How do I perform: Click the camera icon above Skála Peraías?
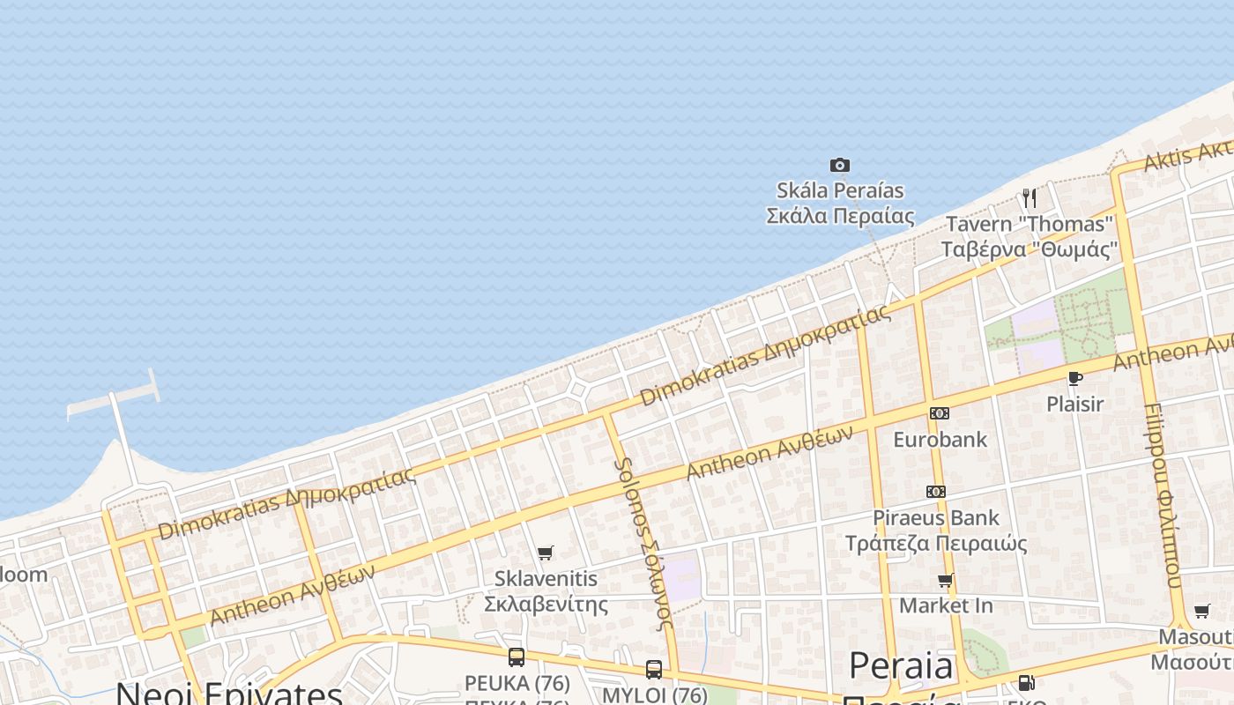coord(840,165)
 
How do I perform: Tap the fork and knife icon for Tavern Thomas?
coord(1030,197)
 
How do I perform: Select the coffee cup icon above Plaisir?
coord(1074,378)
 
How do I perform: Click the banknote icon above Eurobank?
coord(940,413)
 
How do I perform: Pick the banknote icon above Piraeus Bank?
coord(936,492)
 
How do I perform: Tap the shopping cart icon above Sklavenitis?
coord(546,553)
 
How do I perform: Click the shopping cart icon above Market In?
coord(946,580)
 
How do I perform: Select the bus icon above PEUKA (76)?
coord(517,657)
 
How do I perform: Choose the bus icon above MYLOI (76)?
coord(654,669)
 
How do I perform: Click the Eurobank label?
coord(940,439)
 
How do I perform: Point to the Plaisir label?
coord(1074,404)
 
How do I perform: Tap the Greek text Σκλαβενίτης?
coord(546,604)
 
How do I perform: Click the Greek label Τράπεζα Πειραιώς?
coord(936,543)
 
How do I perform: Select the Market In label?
coord(946,605)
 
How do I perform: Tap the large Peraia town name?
coord(901,667)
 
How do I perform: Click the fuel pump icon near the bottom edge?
coord(1026,682)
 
